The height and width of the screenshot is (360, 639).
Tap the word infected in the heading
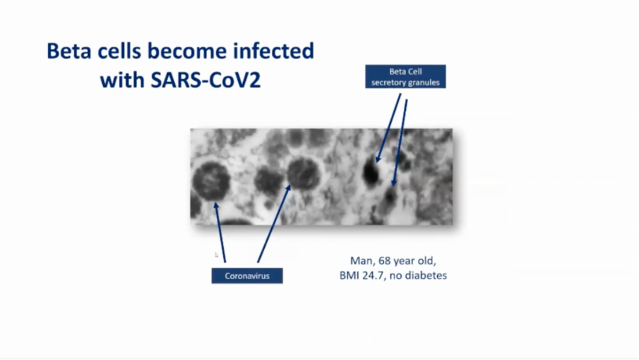(x=273, y=51)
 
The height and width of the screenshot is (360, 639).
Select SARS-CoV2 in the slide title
(x=206, y=80)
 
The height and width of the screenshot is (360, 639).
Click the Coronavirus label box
(x=247, y=276)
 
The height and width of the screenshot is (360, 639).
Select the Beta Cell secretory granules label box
(x=405, y=77)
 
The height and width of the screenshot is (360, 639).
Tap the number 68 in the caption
(x=384, y=261)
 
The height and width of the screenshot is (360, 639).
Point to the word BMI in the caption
(x=349, y=276)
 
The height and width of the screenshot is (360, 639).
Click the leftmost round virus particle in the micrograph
(x=211, y=181)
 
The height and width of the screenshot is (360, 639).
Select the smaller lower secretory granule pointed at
(x=390, y=197)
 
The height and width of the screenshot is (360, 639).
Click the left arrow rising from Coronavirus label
(x=220, y=232)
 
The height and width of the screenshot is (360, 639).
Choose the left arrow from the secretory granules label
(x=388, y=128)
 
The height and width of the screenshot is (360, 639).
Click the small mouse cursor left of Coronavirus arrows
(x=216, y=255)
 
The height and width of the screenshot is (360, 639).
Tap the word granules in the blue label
(x=424, y=82)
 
